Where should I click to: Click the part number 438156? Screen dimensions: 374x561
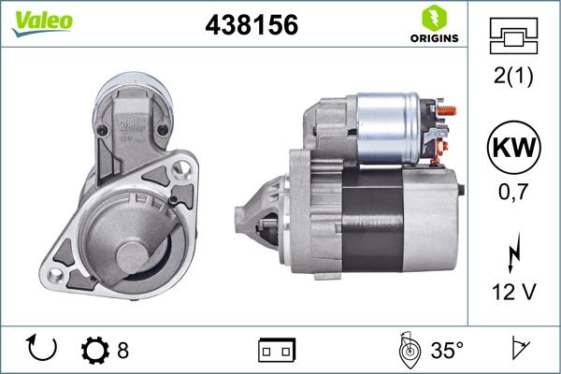251,26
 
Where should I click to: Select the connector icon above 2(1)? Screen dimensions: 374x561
513,38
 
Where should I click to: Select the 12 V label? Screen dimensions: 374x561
513,293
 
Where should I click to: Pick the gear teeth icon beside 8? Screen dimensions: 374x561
95,351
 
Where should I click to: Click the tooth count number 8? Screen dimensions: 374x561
122,351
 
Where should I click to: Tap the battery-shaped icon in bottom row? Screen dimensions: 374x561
276,351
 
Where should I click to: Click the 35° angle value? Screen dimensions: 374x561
446,351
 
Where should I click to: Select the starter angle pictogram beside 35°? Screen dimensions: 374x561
407,350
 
